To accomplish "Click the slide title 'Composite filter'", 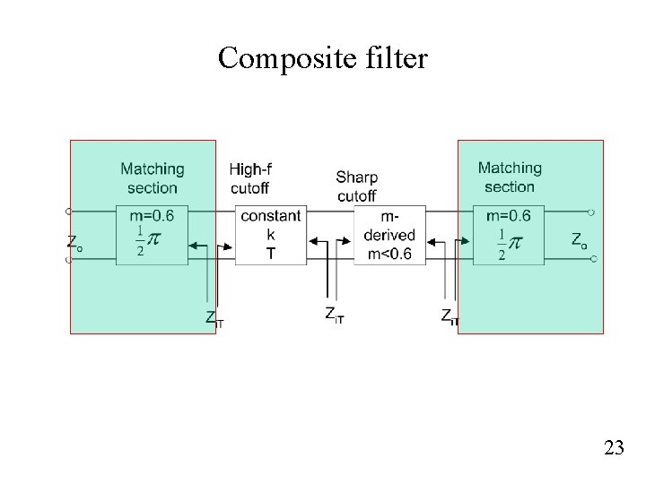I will tap(323, 59).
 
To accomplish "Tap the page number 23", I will tap(614, 448).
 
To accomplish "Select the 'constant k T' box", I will tap(271, 235).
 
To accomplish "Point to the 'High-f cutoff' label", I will tap(249, 177).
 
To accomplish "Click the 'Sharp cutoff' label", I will tap(356, 186).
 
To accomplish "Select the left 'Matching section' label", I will tap(152, 177).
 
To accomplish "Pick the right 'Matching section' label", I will tap(509, 177).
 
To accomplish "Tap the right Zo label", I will tap(580, 239).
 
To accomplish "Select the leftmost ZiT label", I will tap(214, 318).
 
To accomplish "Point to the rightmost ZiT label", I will tap(450, 316).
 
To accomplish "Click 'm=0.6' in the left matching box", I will tap(152, 215).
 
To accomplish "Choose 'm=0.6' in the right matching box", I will tap(508, 215).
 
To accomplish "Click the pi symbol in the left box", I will tap(154, 240).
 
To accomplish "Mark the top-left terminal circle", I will tap(67, 212).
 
